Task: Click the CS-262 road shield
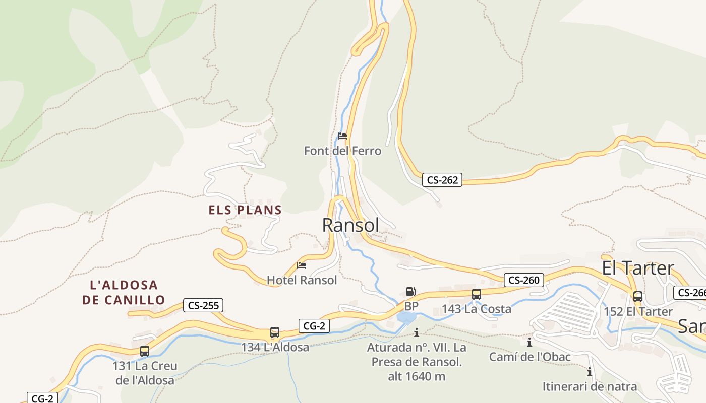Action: click(442, 180)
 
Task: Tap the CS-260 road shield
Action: click(524, 280)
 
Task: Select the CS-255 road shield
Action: click(203, 305)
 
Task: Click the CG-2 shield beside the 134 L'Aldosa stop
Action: click(314, 326)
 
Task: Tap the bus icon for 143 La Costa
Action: click(477, 294)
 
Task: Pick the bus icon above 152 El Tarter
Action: click(638, 297)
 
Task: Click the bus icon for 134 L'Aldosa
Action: click(275, 332)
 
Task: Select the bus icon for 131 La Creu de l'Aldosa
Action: click(145, 351)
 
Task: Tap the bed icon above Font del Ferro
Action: click(342, 136)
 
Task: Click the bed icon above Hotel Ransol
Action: click(302, 265)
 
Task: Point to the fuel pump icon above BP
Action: click(410, 292)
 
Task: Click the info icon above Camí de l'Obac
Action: click(529, 343)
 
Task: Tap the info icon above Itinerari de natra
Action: click(589, 372)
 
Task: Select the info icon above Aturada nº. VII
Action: click(417, 332)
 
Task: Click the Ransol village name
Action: click(350, 225)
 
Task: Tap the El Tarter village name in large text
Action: click(637, 268)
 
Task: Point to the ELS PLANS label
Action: click(245, 210)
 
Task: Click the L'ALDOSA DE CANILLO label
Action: click(124, 293)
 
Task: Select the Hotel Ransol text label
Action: click(302, 280)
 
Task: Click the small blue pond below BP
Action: click(406, 317)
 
